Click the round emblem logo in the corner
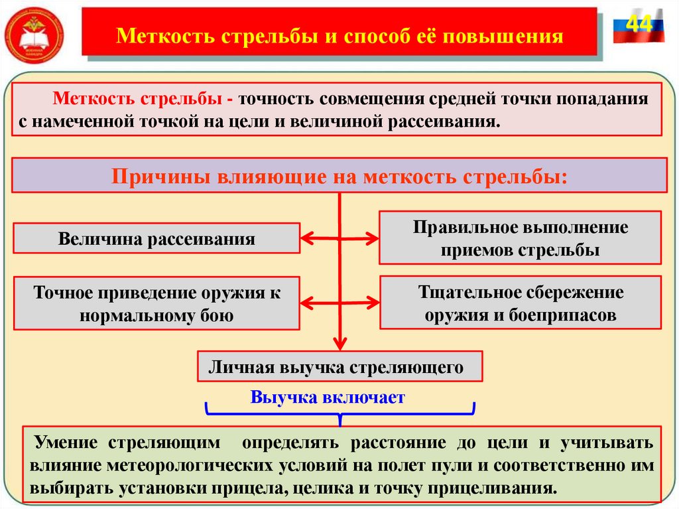click(34, 33)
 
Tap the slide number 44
click(638, 25)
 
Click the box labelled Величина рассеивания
click(156, 239)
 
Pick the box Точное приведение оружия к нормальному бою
click(156, 303)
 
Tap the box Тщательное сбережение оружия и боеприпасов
click(521, 303)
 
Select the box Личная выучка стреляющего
click(340, 366)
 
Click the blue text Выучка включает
click(328, 398)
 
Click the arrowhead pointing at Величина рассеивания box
click(307, 236)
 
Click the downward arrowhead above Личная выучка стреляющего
click(340, 344)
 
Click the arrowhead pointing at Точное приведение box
click(307, 303)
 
